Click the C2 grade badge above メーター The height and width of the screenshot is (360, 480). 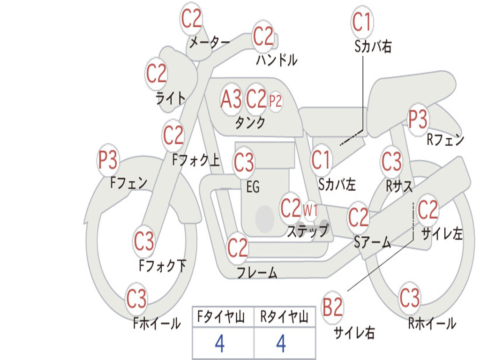point(192,19)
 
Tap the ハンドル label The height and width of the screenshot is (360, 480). point(277,60)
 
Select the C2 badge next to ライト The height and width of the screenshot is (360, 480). point(157,74)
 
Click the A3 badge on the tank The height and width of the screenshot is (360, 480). point(231,99)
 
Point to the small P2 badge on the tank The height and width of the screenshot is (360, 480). point(276,101)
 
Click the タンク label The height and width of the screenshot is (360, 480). point(250,123)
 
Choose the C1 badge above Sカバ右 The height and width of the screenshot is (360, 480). point(362,22)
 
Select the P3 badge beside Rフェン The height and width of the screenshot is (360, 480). point(418,120)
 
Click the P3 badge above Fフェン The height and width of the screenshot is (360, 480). point(108,161)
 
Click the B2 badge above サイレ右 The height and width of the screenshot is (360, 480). point(333,308)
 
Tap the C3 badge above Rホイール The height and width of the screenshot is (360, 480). point(410,298)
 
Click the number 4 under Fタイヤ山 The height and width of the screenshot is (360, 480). point(219,344)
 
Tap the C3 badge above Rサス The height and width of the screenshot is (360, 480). point(391,162)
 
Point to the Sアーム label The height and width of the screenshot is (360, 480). point(372,242)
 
